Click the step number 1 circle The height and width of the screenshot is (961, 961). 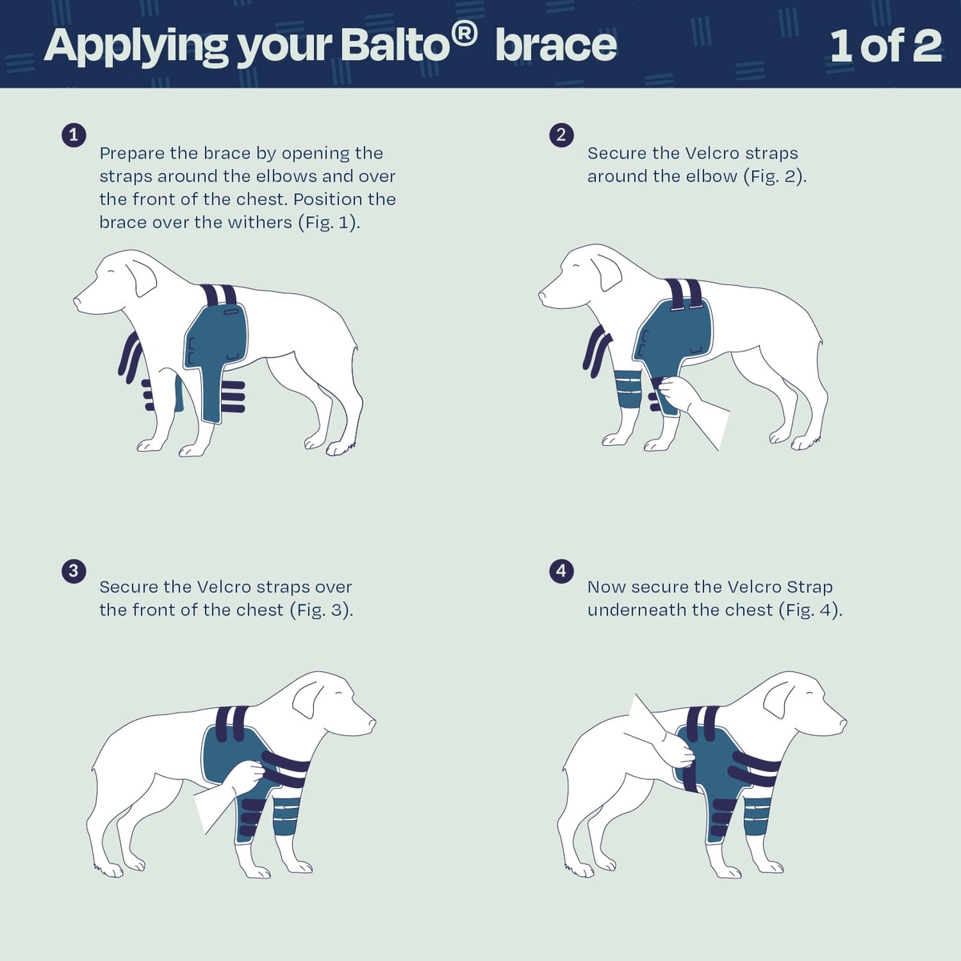pyautogui.click(x=74, y=135)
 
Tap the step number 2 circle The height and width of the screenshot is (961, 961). pyautogui.click(x=561, y=135)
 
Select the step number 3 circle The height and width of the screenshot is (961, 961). pyautogui.click(x=74, y=570)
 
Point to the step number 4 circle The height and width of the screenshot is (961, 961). pyautogui.click(x=561, y=570)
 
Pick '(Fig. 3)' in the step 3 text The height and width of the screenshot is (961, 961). pyautogui.click(x=322, y=610)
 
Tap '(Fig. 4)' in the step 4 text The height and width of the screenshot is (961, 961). pyautogui.click(x=810, y=610)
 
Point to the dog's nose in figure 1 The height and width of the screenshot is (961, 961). pyautogui.click(x=78, y=301)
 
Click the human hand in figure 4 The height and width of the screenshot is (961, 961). pyautogui.click(x=678, y=750)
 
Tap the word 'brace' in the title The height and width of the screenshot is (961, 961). pyautogui.click(x=556, y=46)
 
